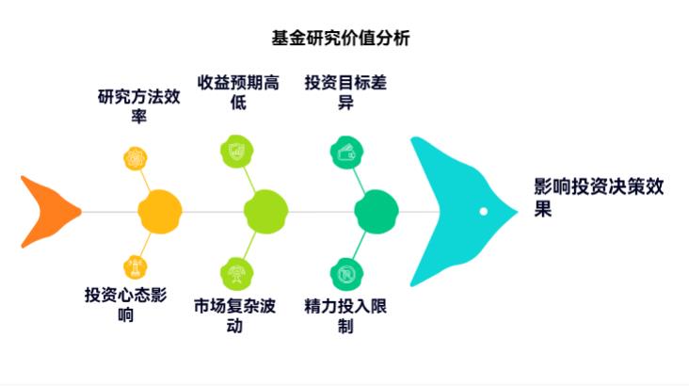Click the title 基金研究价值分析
(340, 39)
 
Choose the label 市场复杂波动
(235, 316)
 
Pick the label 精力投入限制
(345, 316)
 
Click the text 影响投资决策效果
(598, 198)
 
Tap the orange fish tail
(49, 212)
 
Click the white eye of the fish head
(483, 211)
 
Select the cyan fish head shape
(452, 211)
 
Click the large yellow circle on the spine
(159, 212)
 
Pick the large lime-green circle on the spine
(265, 212)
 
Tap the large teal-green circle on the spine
(376, 212)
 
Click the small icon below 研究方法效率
(137, 157)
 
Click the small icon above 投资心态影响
(137, 267)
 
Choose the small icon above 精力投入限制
(344, 274)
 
